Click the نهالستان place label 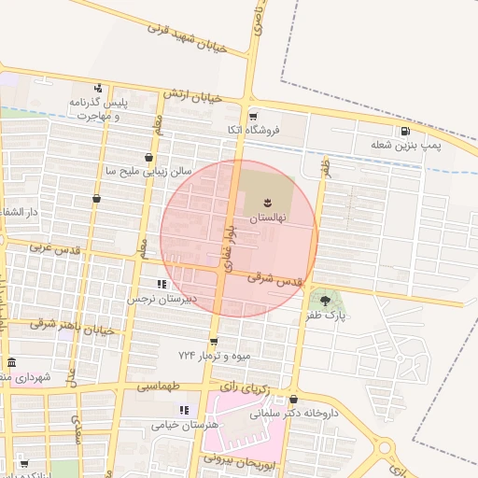[x=268, y=217]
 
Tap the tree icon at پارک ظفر [x=325, y=300]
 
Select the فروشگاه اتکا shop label [x=253, y=131]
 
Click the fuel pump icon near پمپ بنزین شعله [x=405, y=131]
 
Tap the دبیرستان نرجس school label [x=163, y=299]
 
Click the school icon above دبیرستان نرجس [x=162, y=284]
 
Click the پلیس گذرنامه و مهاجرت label [x=97, y=107]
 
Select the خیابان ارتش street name [x=192, y=95]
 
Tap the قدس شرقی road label [x=276, y=278]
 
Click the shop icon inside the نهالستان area [x=268, y=202]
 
